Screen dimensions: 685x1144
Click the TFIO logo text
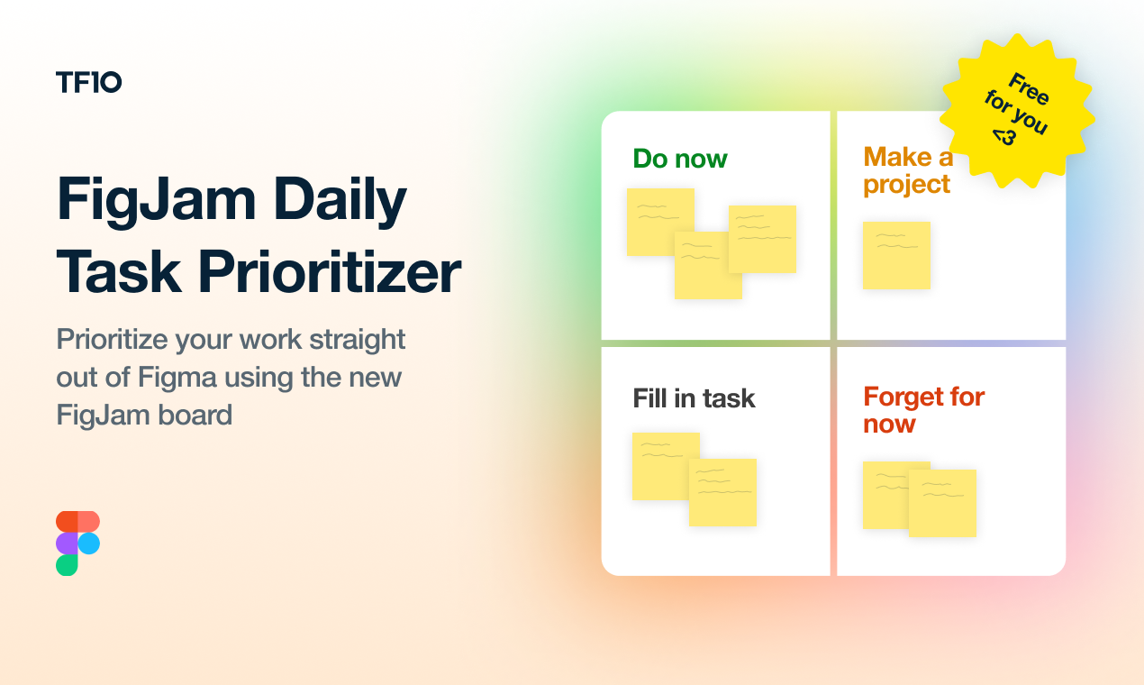coord(88,83)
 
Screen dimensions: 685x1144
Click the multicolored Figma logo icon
coord(77,543)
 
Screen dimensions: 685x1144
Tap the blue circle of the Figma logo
coord(89,543)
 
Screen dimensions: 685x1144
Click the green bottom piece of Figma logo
coord(67,565)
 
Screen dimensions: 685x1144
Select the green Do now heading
coord(680,159)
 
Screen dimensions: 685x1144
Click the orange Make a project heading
coord(907,170)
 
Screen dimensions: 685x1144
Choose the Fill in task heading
coord(694,398)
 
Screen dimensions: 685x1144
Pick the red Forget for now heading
coord(923,410)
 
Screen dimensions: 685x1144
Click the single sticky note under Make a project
coord(896,255)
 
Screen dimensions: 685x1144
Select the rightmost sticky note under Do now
coord(762,239)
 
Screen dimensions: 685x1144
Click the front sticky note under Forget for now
coord(942,503)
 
